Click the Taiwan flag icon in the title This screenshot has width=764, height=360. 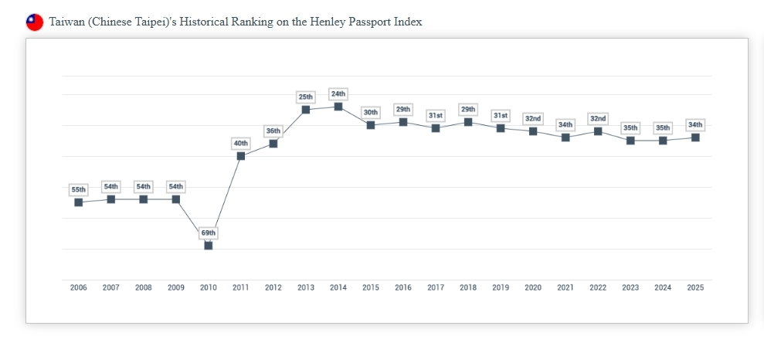35,22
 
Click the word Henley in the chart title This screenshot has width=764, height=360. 328,22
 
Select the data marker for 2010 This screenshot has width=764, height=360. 209,246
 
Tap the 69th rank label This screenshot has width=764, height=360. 209,233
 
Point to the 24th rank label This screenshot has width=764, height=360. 338,93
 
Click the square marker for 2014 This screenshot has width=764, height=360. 338,107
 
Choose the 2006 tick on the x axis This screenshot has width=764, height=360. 79,287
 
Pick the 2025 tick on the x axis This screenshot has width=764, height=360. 695,287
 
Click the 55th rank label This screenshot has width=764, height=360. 79,189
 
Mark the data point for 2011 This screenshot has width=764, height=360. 241,156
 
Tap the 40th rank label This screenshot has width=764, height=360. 241,143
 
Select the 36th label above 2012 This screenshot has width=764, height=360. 273,131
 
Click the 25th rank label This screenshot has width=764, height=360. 306,97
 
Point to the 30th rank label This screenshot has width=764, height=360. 371,112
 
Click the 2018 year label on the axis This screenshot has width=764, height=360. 468,287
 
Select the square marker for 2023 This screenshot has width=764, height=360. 630,141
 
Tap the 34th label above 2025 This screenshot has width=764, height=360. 695,124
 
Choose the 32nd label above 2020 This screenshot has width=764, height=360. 533,118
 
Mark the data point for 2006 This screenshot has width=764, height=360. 79,202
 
